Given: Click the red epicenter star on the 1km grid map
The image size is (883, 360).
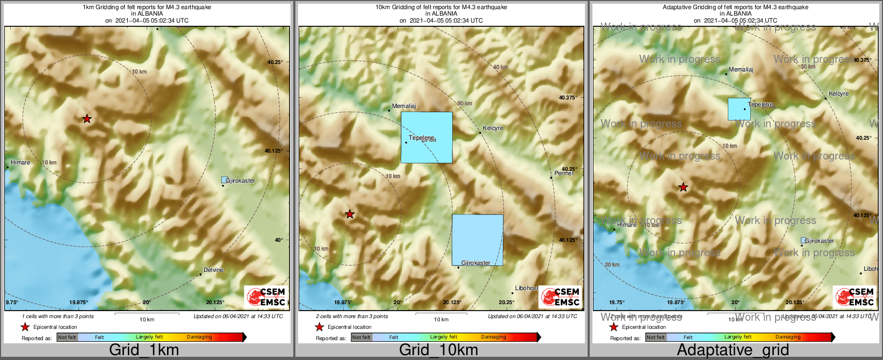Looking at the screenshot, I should pyautogui.click(x=87, y=119).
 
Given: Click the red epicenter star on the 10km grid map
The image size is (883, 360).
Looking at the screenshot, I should pyautogui.click(x=350, y=214).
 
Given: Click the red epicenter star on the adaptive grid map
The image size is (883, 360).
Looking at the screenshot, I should pyautogui.click(x=683, y=188).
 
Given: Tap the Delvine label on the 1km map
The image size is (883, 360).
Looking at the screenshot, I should pyautogui.click(x=213, y=270).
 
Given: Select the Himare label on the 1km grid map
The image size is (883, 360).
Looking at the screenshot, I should pyautogui.click(x=20, y=162).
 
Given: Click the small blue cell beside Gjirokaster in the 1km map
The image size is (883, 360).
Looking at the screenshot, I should pyautogui.click(x=224, y=180).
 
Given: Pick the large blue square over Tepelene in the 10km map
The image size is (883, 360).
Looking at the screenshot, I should pyautogui.click(x=426, y=137).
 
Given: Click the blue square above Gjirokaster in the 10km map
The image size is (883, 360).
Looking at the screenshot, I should pyautogui.click(x=477, y=240).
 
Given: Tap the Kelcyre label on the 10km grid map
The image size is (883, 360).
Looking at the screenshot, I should pyautogui.click(x=493, y=128).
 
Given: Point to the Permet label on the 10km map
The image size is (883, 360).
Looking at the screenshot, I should pyautogui.click(x=564, y=173).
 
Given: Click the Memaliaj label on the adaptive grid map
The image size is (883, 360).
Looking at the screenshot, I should pyautogui.click(x=741, y=70).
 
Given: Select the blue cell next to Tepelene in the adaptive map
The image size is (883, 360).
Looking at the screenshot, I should pyautogui.click(x=739, y=109).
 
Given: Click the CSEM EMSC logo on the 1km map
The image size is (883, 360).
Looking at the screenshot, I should pyautogui.click(x=265, y=297).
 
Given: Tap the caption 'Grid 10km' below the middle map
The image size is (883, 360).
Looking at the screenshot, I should pyautogui.click(x=438, y=350).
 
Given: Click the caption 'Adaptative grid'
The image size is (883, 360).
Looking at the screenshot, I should pyautogui.click(x=733, y=350).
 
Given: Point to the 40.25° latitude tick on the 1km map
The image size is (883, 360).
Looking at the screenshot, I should pyautogui.click(x=274, y=62).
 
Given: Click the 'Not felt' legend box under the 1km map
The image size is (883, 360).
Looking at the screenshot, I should pyautogui.click(x=67, y=337).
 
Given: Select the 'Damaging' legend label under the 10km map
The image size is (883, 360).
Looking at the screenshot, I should pyautogui.click(x=493, y=337).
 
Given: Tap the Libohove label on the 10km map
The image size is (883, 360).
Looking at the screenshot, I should pyautogui.click(x=526, y=289).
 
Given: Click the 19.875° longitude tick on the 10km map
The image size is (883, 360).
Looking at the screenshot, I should pyautogui.click(x=343, y=303).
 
